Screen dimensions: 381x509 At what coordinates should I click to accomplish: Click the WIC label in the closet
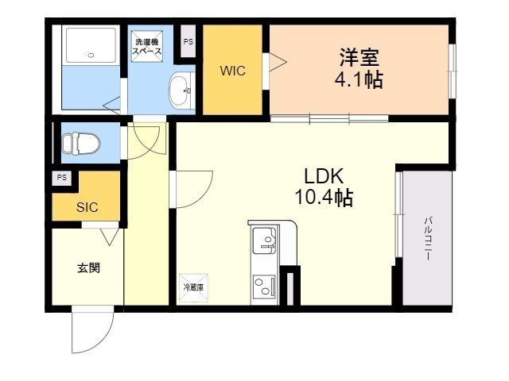232,71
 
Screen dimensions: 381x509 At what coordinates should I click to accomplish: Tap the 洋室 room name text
359,58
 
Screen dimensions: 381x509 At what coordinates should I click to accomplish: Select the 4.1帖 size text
359,80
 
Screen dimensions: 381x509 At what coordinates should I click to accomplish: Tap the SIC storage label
87,208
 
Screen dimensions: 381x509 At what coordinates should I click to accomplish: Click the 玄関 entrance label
88,267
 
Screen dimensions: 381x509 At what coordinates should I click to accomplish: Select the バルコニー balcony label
427,238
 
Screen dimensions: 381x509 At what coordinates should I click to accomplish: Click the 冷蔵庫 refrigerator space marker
192,287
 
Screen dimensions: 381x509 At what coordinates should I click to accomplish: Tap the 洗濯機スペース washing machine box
148,46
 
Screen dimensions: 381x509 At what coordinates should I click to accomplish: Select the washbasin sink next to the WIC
181,88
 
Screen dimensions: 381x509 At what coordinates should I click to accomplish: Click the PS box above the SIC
62,178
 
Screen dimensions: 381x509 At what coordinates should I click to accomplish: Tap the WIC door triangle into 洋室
277,63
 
